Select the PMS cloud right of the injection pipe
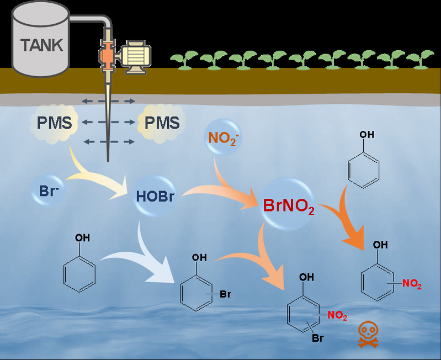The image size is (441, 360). pyautogui.click(x=161, y=123)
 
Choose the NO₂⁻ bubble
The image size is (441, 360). pyautogui.click(x=222, y=137)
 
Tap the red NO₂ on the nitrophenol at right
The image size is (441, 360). pyautogui.click(x=411, y=284)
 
